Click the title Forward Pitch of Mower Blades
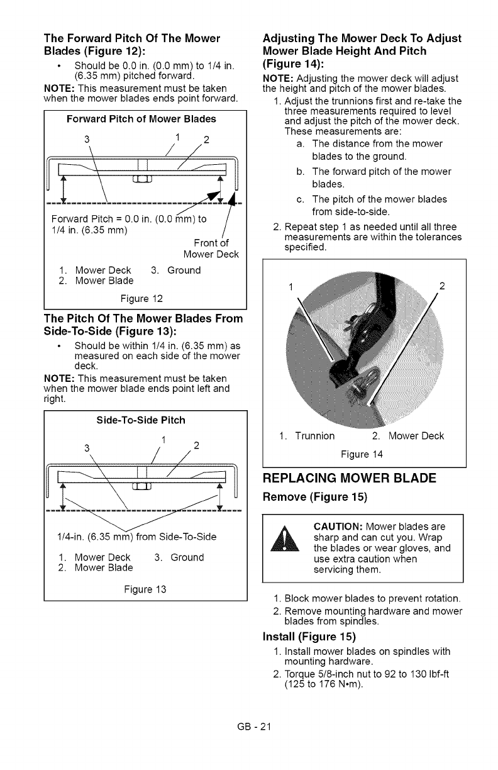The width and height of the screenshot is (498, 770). [x=145, y=118]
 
